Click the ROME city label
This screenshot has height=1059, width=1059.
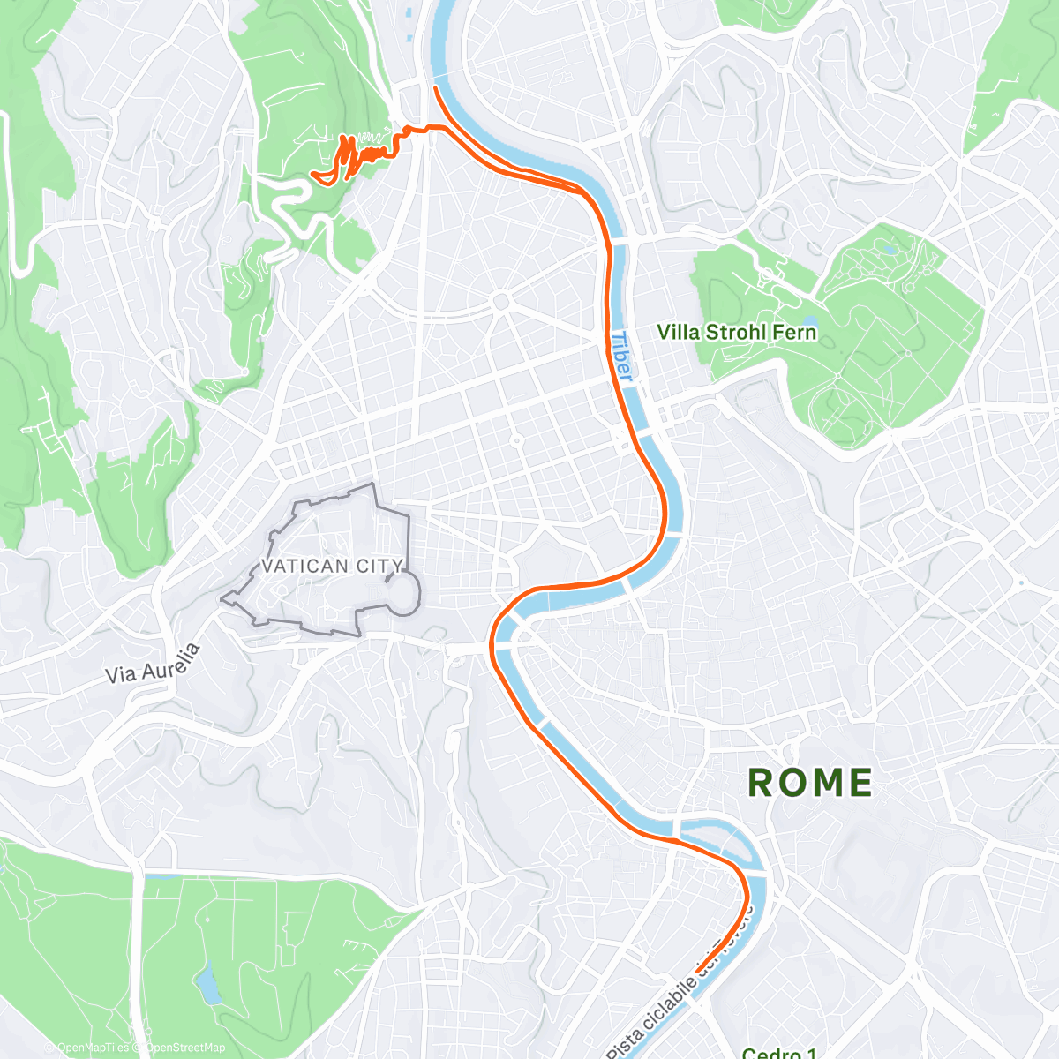(810, 783)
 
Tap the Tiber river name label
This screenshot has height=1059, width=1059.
(621, 357)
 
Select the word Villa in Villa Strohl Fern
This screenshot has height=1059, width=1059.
(678, 333)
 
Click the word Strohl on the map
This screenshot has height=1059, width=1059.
(741, 333)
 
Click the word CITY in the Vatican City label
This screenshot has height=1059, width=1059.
(380, 566)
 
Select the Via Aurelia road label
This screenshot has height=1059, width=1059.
(154, 663)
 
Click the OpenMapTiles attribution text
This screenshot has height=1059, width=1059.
(92, 1048)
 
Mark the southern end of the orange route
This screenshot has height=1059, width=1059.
(698, 971)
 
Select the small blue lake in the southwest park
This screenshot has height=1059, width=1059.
(208, 984)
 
